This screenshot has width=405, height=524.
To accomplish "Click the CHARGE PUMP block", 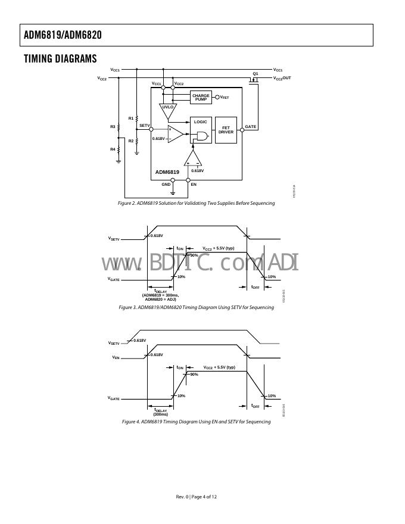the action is (x=201, y=98).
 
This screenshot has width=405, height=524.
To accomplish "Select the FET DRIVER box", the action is (x=226, y=130).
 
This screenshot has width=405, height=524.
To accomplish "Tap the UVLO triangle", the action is (x=167, y=109).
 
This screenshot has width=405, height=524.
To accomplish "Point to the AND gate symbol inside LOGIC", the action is (x=202, y=137).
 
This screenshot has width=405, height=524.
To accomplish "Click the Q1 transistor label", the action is (x=256, y=74).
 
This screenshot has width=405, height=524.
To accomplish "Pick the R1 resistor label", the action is (x=131, y=118).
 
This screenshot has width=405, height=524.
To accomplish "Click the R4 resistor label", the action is (x=113, y=149).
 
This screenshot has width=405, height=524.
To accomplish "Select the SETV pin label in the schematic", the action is (x=144, y=126).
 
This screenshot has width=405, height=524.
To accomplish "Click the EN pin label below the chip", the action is (x=194, y=185).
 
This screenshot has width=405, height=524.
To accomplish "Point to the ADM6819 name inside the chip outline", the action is (x=167, y=172).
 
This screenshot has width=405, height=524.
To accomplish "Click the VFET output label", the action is (x=225, y=97).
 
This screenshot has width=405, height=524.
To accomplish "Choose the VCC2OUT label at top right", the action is (x=282, y=78).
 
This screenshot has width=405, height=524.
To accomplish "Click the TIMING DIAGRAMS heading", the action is (x=60, y=58).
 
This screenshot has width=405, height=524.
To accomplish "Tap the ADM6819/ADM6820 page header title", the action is (x=63, y=35).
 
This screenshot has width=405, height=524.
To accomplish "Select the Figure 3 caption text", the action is (x=196, y=308).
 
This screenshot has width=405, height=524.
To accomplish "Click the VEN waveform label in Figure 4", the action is (x=116, y=358).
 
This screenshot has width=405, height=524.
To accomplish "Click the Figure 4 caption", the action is (x=196, y=422).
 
